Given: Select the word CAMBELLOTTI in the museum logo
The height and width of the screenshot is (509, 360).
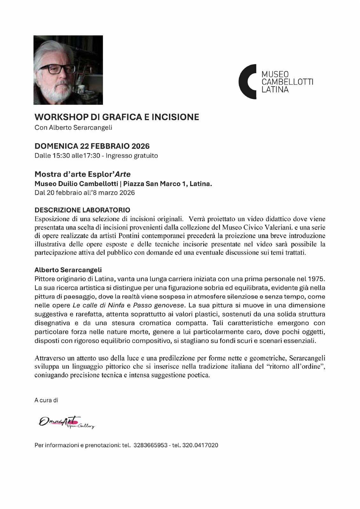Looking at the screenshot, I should pyautogui.click(x=287, y=82).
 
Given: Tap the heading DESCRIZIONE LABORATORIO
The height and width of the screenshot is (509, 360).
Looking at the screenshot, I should pyautogui.click(x=82, y=210).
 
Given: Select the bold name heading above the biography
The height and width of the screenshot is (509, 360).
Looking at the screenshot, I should pyautogui.click(x=68, y=270).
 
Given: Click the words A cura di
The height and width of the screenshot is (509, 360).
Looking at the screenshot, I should pyautogui.click(x=46, y=400).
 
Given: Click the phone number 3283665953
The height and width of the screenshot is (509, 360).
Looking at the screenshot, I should pyautogui.click(x=150, y=445).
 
